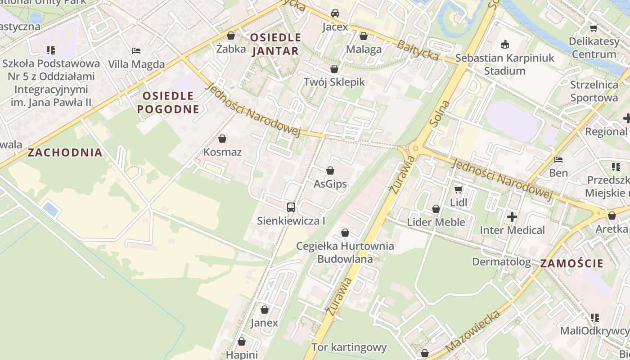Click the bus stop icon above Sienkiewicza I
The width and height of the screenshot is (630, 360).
point(291,207)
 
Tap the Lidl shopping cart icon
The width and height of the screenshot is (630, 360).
point(458,190)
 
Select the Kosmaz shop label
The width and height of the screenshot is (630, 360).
point(222,152)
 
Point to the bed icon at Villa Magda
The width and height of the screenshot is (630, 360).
point(136,51)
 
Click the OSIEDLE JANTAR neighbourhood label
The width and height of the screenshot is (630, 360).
point(275,44)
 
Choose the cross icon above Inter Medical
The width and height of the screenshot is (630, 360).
point(512,217)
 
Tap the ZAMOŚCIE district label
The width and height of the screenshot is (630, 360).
point(571,264)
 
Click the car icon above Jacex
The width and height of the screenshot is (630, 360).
point(335,13)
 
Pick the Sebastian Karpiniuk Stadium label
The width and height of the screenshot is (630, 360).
point(505,64)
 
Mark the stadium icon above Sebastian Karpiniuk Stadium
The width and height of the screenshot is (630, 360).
point(505,44)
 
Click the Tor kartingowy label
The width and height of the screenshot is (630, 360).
point(349,347)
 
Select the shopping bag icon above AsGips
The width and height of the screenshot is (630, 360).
point(330,171)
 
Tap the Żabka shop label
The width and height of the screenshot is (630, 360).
point(231,49)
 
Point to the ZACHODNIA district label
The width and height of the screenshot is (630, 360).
point(65,153)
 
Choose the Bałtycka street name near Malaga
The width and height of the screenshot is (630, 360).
point(417,50)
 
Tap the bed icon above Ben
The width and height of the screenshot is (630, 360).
point(558,160)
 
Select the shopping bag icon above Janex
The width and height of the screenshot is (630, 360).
point(265,310)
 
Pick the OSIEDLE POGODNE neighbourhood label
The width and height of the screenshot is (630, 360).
point(168,102)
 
